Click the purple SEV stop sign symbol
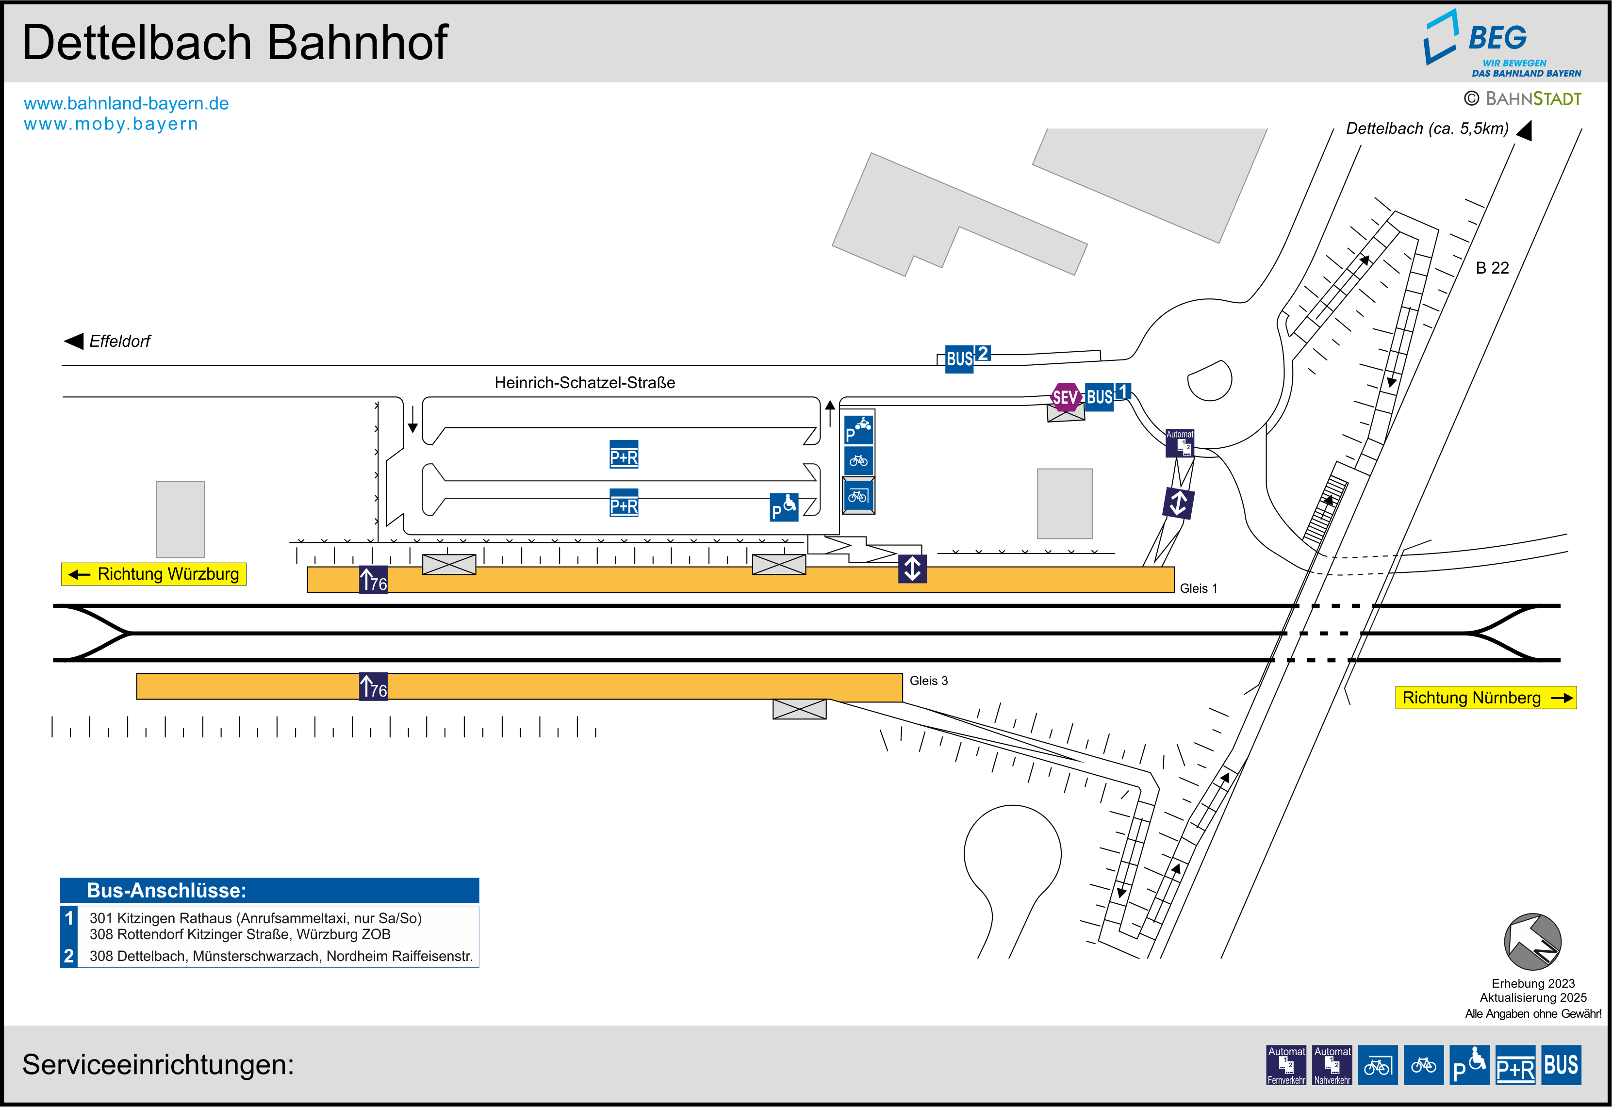click(1066, 397)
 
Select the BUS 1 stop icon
click(1106, 396)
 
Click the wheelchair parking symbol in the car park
click(784, 507)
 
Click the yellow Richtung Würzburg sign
click(154, 573)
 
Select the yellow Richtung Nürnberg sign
click(1485, 697)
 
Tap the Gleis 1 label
click(1198, 588)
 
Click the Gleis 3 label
click(928, 681)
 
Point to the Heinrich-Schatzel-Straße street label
click(584, 382)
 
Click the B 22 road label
click(1492, 268)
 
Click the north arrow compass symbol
click(1532, 941)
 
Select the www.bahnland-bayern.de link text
click(126, 103)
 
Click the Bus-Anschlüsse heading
click(166, 890)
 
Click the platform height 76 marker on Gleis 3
click(373, 687)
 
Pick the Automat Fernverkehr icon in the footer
click(1286, 1065)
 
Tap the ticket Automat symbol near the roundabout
click(1179, 443)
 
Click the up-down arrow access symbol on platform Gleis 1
click(912, 568)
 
